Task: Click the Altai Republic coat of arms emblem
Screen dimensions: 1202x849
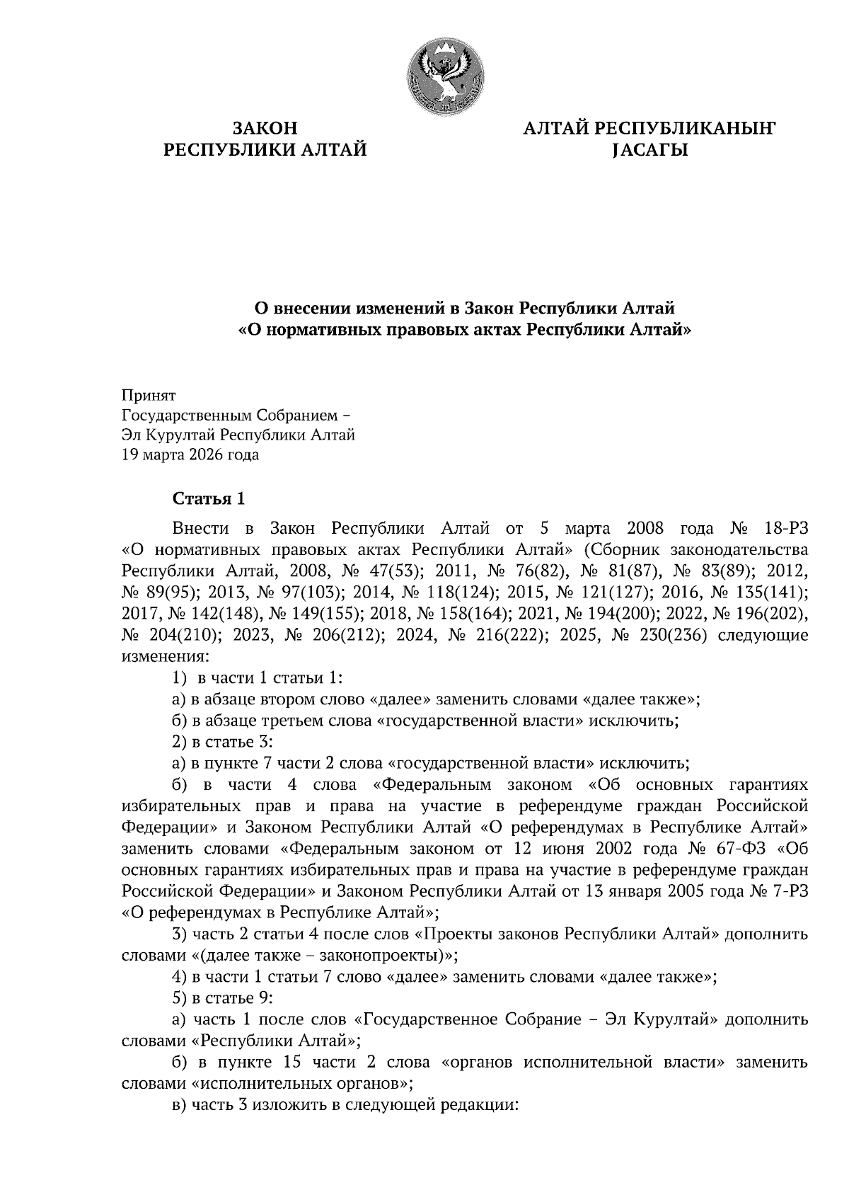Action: tap(444, 75)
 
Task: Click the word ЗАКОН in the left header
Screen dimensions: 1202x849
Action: tap(265, 129)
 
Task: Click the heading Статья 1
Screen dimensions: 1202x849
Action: tap(209, 498)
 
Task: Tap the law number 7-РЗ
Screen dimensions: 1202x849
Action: tap(788, 891)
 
